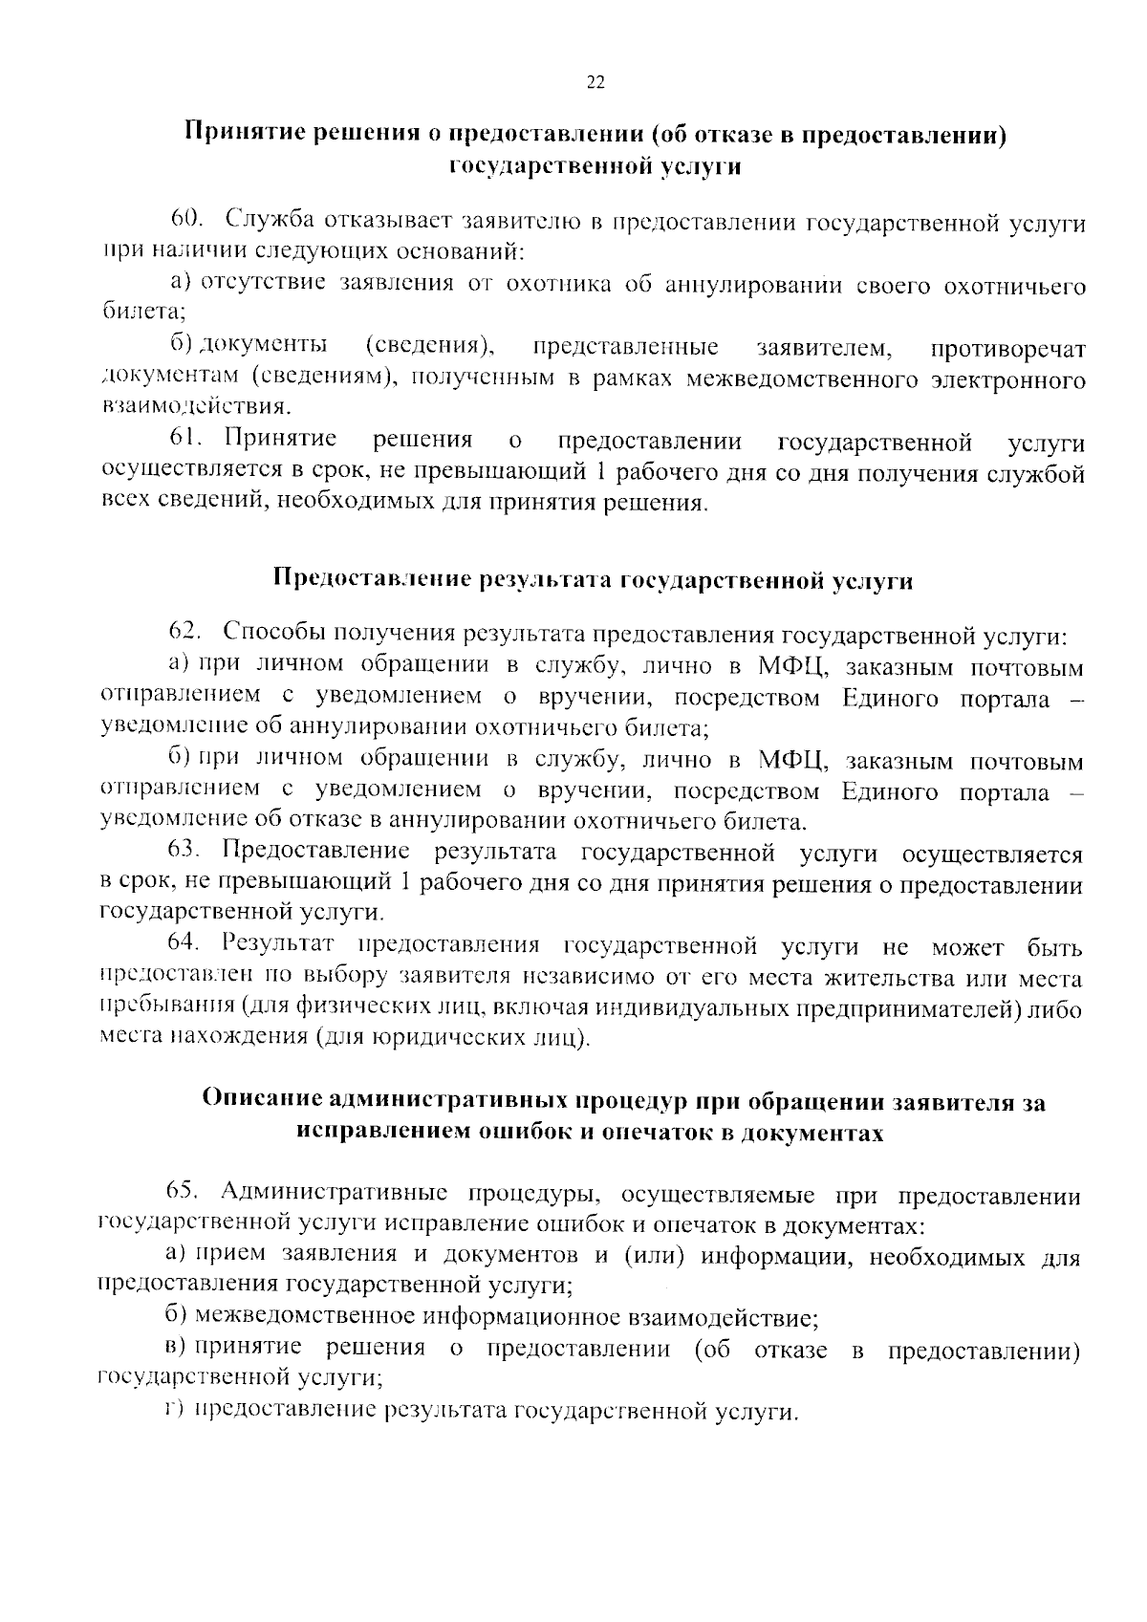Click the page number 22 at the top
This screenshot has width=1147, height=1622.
click(x=594, y=83)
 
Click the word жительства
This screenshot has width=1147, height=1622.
click(x=887, y=978)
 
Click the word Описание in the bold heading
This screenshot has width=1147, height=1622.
click(x=253, y=1101)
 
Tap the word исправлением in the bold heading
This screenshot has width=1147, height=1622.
click(x=371, y=1132)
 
